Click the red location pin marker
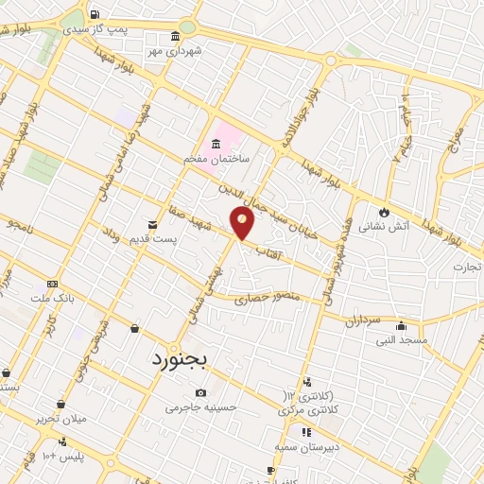point(243,224)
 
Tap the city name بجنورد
point(183,360)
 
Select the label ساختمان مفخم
point(216,160)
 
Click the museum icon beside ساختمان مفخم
point(216,144)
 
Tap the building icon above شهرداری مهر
point(175,38)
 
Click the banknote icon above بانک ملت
point(52,283)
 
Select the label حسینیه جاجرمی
point(197,408)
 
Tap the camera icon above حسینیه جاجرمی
point(200,393)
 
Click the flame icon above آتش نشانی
point(385,212)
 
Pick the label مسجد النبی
point(402,338)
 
